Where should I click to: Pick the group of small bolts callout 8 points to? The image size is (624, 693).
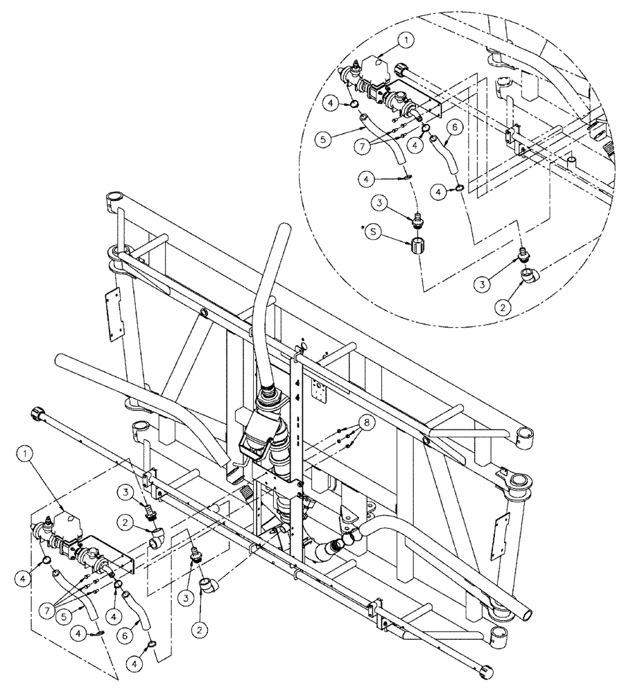tap(344, 432)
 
